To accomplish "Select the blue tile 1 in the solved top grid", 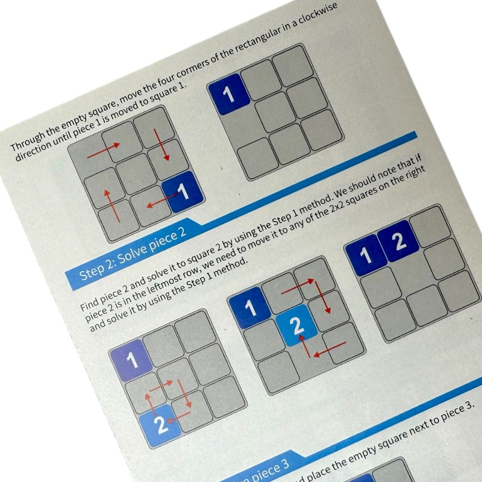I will coord(227,93).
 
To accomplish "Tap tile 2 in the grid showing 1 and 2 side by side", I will coord(397,240).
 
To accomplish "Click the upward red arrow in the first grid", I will coord(107,203).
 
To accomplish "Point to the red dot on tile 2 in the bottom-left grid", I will coord(171,420).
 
